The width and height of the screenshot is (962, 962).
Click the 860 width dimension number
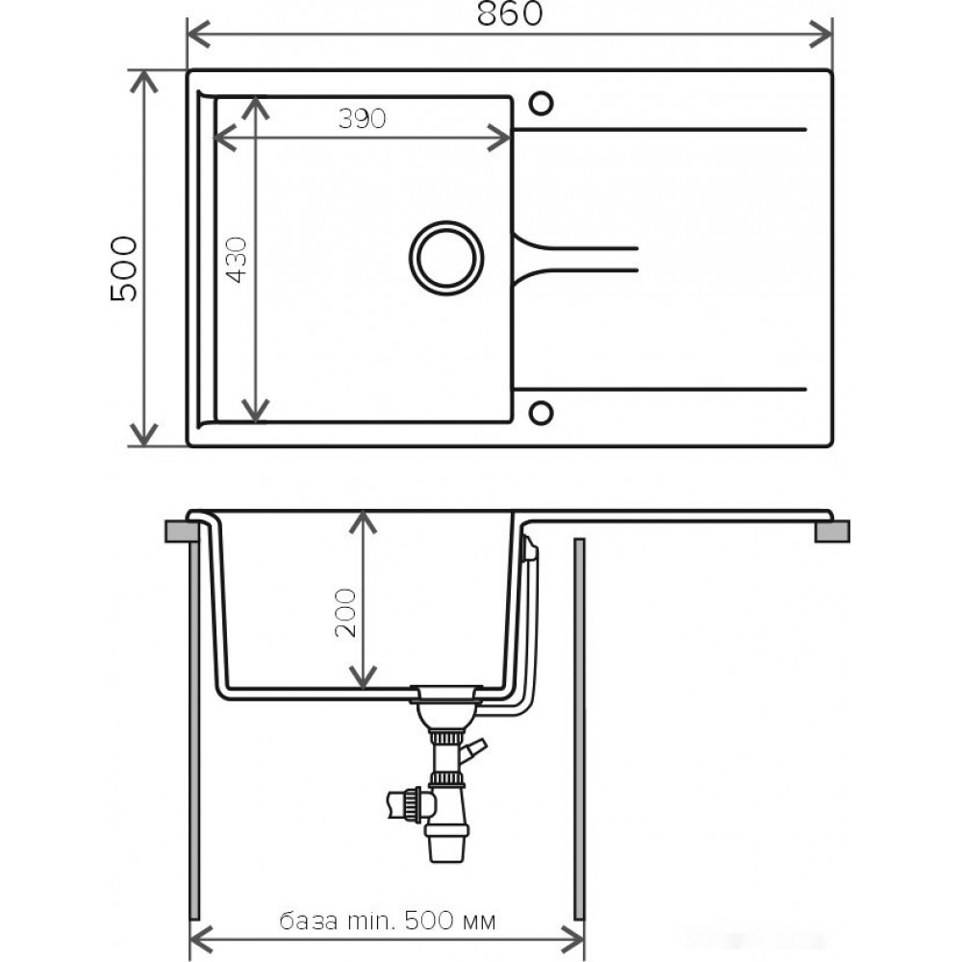click(510, 13)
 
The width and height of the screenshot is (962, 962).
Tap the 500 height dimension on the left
click(124, 268)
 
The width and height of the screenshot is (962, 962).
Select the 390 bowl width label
click(362, 118)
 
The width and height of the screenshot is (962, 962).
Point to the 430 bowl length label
click(237, 260)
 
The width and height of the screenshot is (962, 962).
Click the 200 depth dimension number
click(345, 613)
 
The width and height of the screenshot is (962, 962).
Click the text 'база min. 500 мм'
click(388, 921)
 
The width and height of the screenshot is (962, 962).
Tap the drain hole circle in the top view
click(446, 258)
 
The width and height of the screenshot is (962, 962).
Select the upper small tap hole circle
click(541, 104)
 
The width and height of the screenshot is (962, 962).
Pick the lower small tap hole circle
click(541, 413)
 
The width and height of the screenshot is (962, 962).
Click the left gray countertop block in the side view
click(182, 531)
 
